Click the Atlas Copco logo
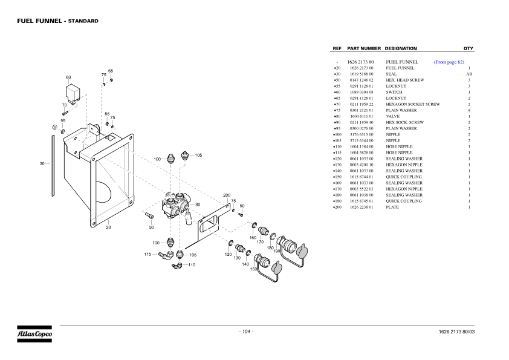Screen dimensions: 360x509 tap(34, 333)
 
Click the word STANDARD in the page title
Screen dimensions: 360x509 tap(83, 21)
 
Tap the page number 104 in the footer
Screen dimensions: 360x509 tap(246, 332)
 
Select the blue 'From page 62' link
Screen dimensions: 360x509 tap(449, 62)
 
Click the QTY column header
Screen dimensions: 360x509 tap(468, 48)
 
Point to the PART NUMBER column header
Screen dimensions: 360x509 tap(364, 48)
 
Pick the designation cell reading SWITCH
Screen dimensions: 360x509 tap(394, 92)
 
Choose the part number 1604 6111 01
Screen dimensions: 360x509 tap(361, 116)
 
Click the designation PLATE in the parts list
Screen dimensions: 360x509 tap(393, 207)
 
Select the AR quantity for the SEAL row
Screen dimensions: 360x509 tap(468, 74)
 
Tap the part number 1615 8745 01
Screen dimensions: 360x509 tap(361, 201)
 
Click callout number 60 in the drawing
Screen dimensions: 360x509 tap(68, 77)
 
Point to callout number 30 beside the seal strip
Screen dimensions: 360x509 tap(42, 163)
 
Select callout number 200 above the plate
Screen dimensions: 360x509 tap(227, 195)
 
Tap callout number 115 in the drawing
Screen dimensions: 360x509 tap(148, 254)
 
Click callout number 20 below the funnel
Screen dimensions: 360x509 tap(109, 227)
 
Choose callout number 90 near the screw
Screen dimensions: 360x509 tap(151, 227)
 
